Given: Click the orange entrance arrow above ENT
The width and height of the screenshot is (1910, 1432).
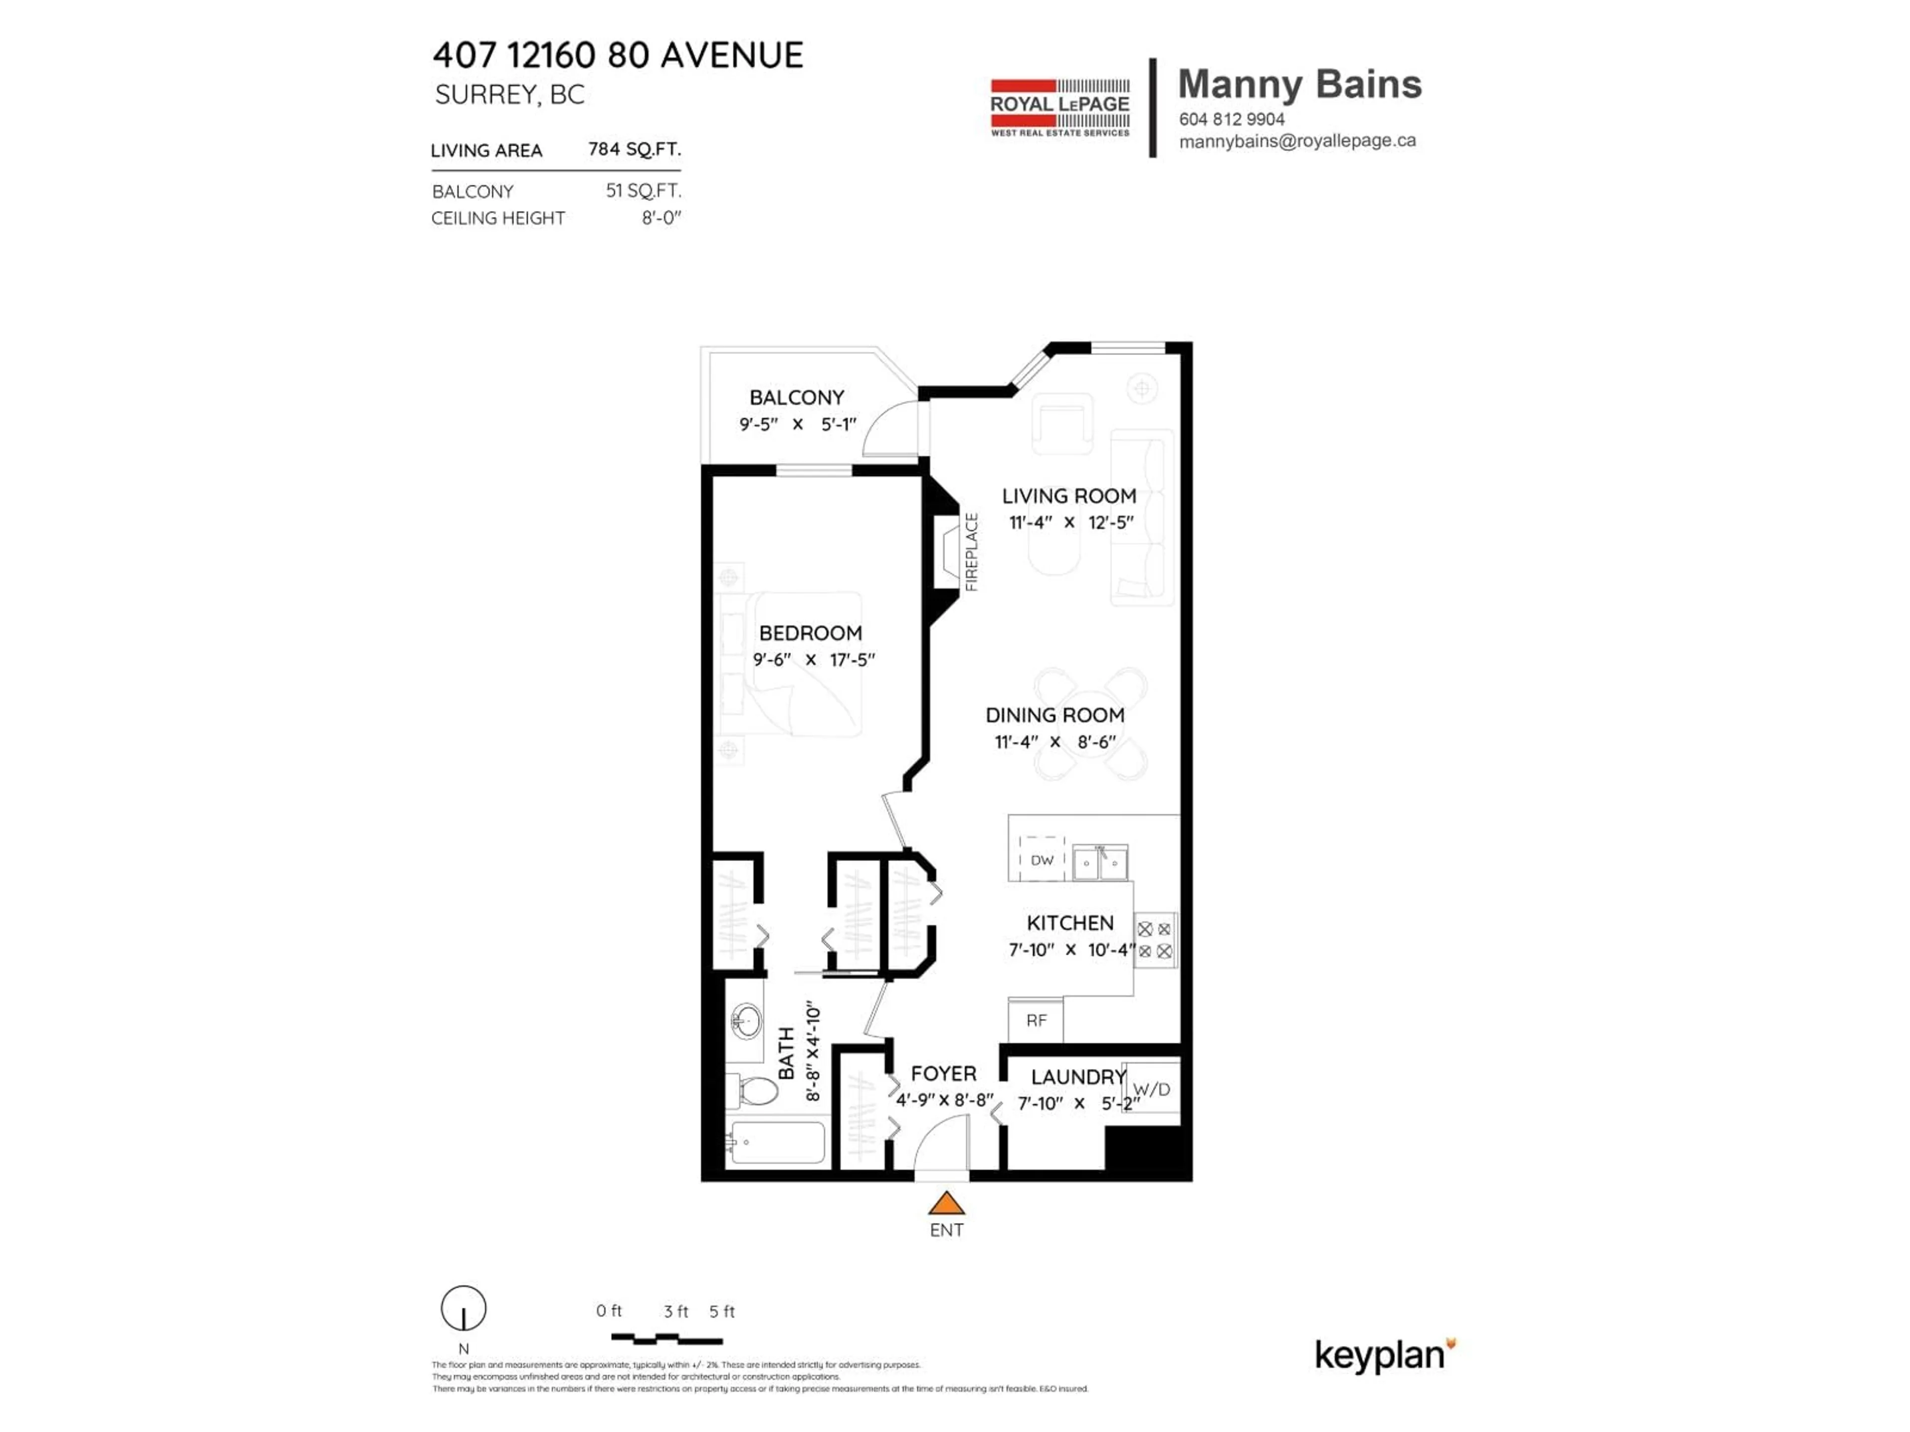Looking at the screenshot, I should coord(947,1203).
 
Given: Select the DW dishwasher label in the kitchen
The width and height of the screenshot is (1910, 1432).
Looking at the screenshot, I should coord(1042,861).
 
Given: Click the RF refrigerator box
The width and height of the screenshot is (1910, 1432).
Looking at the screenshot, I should coord(1036,1020).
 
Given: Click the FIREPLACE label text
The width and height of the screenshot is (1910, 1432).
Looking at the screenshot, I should coord(971,552).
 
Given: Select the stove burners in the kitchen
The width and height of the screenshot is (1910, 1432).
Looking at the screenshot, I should coord(1154,940).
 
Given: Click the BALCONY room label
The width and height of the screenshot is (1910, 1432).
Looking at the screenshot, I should coord(796,398).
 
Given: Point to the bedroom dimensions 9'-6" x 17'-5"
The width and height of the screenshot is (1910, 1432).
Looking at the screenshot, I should coord(813,659).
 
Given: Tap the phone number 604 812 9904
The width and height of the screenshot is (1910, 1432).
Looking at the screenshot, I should coord(1232,119).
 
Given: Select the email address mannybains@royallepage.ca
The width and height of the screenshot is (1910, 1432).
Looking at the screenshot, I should coord(1297,141).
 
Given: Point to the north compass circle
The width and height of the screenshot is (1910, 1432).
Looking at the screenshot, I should coord(464,1309).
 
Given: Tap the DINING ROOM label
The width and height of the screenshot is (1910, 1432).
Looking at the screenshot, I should coord(1055,716).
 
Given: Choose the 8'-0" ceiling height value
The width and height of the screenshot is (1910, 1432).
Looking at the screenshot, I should coord(661,218).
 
